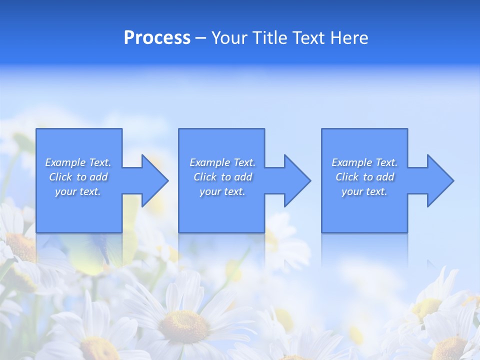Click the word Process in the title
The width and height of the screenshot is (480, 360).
coord(157,38)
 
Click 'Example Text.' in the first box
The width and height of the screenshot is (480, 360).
coord(78,162)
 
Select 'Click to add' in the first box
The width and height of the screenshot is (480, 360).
coord(78,177)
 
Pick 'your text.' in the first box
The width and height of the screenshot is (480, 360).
coord(78,191)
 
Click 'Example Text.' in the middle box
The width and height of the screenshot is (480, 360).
coord(222,162)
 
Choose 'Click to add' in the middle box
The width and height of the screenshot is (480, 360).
coord(222,177)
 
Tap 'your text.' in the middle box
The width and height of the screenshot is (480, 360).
coord(222,191)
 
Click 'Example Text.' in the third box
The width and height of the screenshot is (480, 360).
coord(364,162)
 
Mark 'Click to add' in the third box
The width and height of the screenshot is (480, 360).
coord(364,177)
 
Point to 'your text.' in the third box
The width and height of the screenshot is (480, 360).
coord(364,191)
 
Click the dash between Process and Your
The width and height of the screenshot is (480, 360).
coord(201,38)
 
